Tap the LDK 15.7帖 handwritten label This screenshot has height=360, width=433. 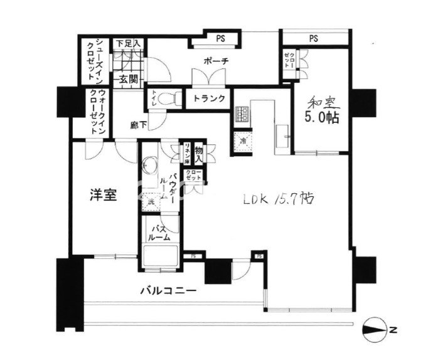pos(279,199)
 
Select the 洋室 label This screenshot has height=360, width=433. pos(104,196)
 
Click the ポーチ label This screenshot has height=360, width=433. pos(215,61)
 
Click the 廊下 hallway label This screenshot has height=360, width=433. pos(139,125)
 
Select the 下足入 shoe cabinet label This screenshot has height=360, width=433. pos(130,43)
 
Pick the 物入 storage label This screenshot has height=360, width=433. pos(199,151)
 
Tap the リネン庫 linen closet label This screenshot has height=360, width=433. pos(186,152)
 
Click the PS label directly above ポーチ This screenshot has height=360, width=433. pos(220,39)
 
